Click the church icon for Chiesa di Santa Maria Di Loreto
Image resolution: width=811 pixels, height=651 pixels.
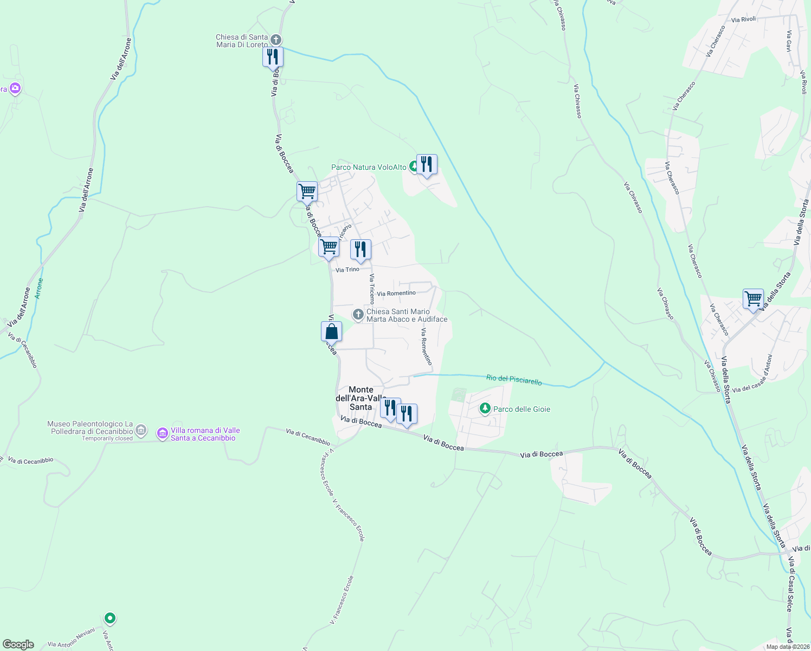(276, 40)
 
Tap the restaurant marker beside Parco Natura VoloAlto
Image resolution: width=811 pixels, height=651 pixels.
(427, 164)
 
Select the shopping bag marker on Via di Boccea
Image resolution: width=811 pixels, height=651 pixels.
(331, 331)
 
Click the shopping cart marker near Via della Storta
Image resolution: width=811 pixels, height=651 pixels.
(753, 298)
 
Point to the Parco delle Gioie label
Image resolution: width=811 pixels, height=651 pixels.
(522, 410)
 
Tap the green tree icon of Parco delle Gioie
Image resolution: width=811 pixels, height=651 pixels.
(485, 409)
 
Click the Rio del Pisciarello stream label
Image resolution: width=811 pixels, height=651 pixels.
(514, 380)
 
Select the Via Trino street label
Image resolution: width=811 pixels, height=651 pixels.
(347, 270)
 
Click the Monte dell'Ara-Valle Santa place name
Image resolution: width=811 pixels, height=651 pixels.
(361, 398)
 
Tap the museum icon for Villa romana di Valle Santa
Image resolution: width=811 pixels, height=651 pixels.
(162, 433)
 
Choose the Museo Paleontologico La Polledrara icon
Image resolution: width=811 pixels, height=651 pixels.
(141, 431)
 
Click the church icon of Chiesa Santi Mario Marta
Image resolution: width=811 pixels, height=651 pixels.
(358, 314)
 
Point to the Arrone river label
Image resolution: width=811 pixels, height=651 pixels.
(38, 289)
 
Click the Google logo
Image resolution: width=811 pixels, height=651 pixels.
(18, 644)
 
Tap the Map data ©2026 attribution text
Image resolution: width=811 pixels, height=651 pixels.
(788, 647)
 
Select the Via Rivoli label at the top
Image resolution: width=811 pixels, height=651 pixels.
(743, 20)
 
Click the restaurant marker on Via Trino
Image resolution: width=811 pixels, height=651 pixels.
(361, 250)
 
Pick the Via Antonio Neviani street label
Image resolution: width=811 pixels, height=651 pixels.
(71, 637)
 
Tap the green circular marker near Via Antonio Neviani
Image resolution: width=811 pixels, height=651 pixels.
(110, 618)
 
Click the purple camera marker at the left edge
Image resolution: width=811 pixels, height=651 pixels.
(15, 88)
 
